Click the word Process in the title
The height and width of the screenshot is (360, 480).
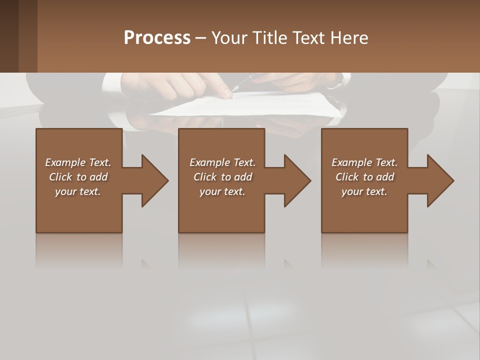157,38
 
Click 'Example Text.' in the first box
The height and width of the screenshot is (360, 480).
78,162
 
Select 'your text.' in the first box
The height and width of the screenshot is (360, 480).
78,191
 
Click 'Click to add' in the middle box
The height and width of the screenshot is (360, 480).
222,177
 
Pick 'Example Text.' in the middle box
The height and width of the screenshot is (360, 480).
222,162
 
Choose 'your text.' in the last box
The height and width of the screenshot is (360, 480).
364,191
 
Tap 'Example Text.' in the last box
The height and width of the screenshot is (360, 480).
364,162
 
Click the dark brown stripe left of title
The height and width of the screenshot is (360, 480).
9,36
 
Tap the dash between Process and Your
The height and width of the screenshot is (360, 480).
200,38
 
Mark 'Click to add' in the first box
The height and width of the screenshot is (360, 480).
78,177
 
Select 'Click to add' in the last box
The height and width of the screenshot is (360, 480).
364,177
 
